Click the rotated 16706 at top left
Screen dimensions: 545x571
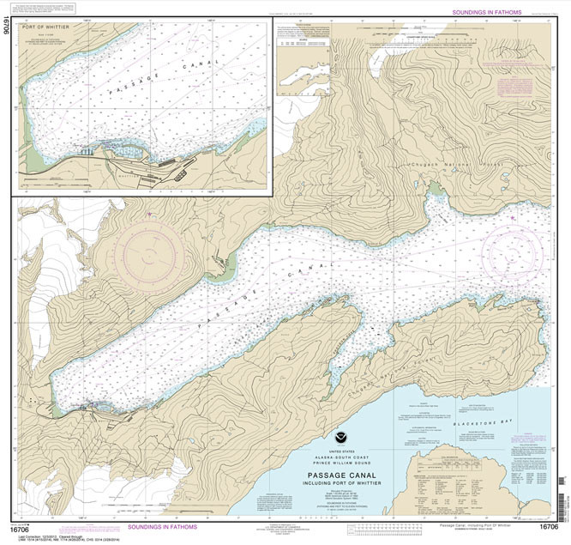[8, 36]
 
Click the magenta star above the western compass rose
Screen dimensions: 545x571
[148, 214]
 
